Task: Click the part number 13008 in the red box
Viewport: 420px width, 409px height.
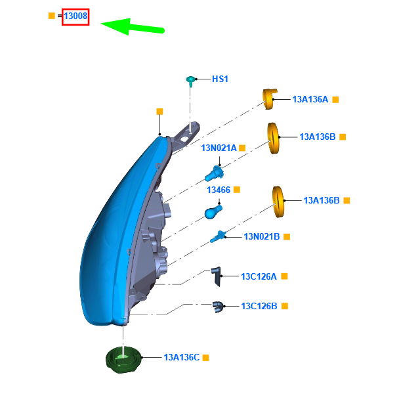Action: [75, 16]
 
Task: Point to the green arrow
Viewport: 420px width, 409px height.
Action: [133, 27]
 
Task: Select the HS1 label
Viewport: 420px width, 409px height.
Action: [220, 79]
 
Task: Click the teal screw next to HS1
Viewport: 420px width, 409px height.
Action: [190, 81]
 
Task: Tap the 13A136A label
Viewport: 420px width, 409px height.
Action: [310, 99]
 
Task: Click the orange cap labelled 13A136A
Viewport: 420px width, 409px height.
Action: [269, 99]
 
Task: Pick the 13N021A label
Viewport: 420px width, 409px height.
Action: [219, 148]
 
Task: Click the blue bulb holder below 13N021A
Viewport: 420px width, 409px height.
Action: [214, 174]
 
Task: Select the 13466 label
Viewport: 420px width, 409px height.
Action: [219, 190]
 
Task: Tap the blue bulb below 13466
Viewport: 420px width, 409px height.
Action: [213, 212]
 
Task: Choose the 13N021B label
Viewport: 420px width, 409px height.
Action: [262, 236]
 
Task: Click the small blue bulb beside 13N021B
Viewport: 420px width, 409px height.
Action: [218, 236]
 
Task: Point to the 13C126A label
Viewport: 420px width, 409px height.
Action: [259, 276]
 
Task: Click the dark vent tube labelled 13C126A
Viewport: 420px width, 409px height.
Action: [217, 276]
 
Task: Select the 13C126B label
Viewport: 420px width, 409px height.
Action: [259, 306]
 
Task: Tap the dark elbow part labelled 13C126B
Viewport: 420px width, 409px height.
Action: [218, 307]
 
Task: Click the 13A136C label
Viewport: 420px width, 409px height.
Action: [182, 358]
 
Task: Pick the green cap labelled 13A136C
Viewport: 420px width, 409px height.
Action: [123, 360]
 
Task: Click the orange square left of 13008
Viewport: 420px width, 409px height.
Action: [52, 16]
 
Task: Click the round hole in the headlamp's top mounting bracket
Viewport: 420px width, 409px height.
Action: [184, 139]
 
